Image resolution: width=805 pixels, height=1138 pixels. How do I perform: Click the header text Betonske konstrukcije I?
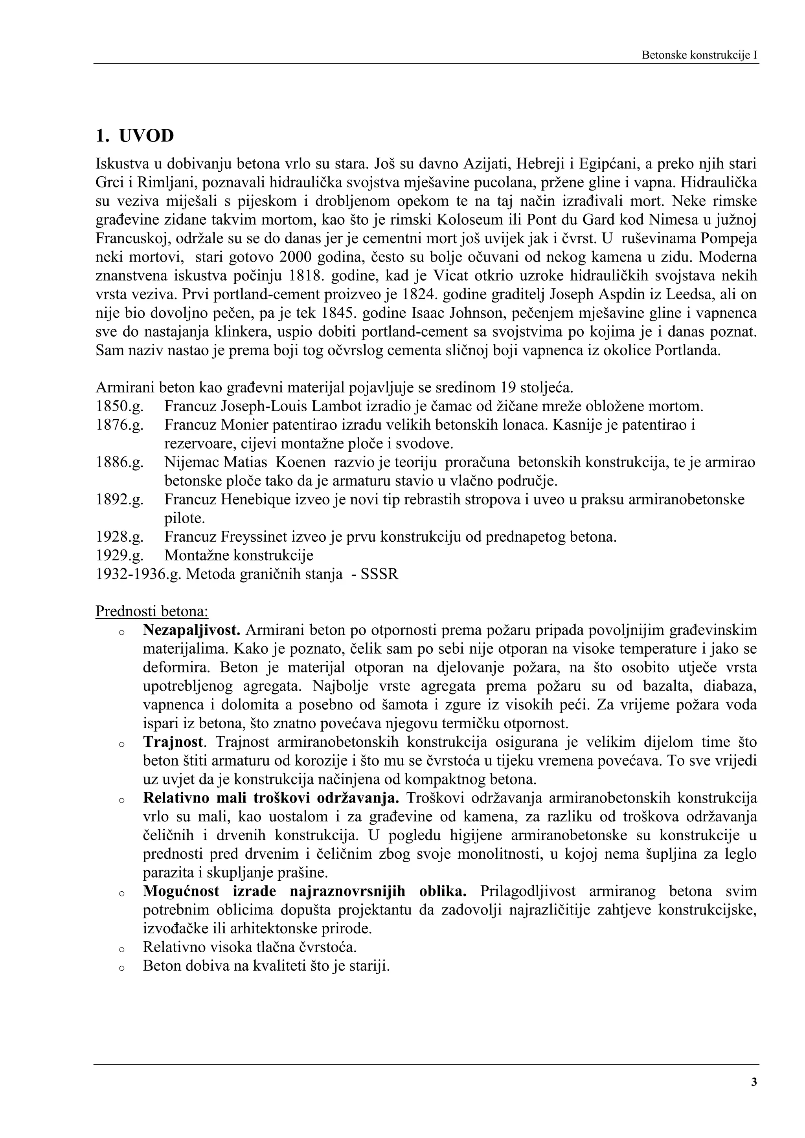coord(699,55)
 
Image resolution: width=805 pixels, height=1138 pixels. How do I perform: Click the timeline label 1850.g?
coord(119,407)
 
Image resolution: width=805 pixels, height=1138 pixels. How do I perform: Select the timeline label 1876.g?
coord(119,425)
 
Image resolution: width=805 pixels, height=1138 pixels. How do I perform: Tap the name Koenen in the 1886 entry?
coord(301,462)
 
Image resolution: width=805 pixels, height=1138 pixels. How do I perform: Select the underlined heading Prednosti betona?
coord(152,612)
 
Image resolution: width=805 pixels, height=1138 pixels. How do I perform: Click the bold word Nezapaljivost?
coord(191,630)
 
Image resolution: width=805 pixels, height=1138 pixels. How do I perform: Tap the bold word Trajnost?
coord(173,742)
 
